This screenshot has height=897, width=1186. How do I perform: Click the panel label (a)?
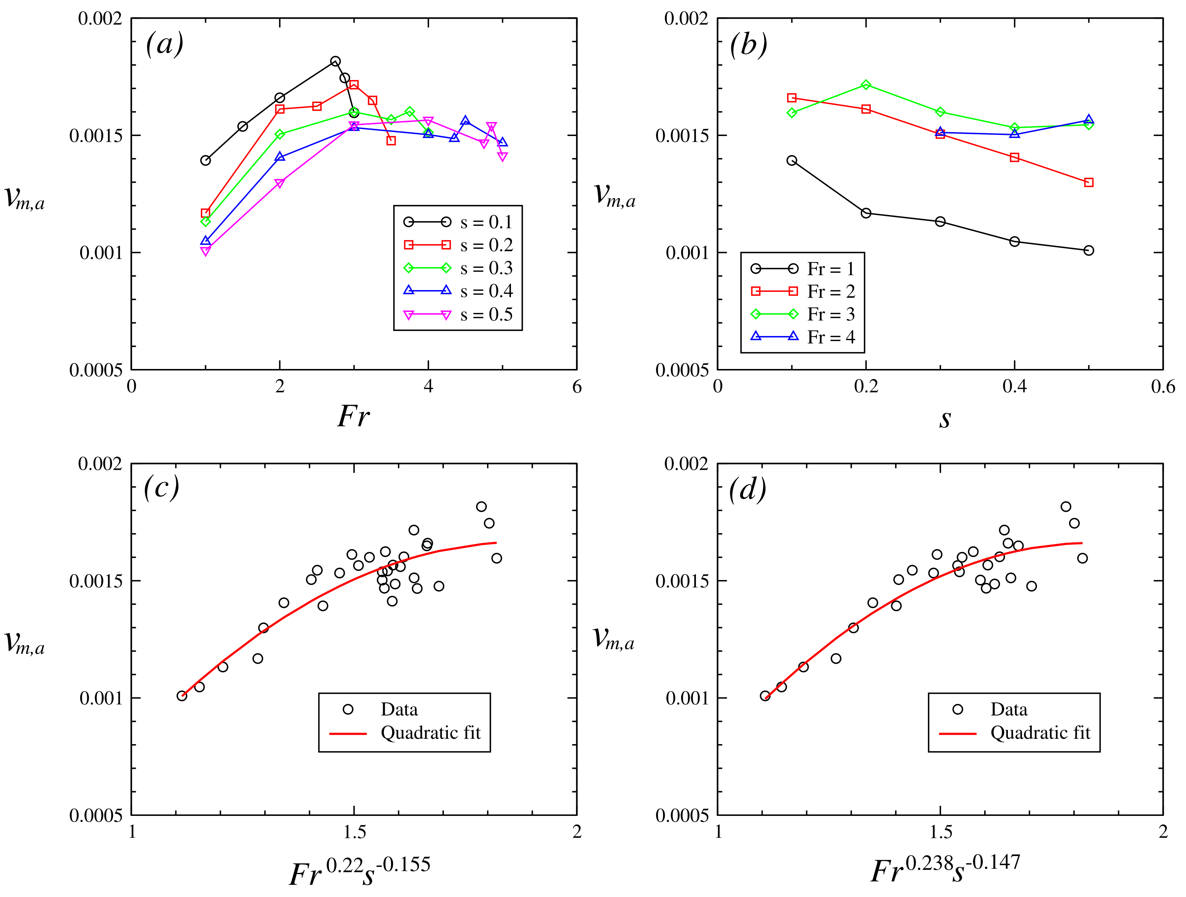click(x=164, y=44)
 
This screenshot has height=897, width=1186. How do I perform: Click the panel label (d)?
click(x=748, y=489)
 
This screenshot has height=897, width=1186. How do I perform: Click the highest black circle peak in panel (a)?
click(x=335, y=61)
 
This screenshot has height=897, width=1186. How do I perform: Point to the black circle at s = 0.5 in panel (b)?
click(x=1088, y=250)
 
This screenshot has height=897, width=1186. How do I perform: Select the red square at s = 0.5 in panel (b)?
click(x=1088, y=183)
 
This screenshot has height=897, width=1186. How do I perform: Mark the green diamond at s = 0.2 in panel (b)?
click(x=866, y=85)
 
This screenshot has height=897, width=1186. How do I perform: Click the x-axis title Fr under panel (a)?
click(x=353, y=416)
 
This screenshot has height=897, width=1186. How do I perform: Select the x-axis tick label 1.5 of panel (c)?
click(x=354, y=832)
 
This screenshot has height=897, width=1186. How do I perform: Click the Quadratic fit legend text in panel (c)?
click(x=431, y=733)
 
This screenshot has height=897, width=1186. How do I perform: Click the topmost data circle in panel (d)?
click(x=1066, y=507)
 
